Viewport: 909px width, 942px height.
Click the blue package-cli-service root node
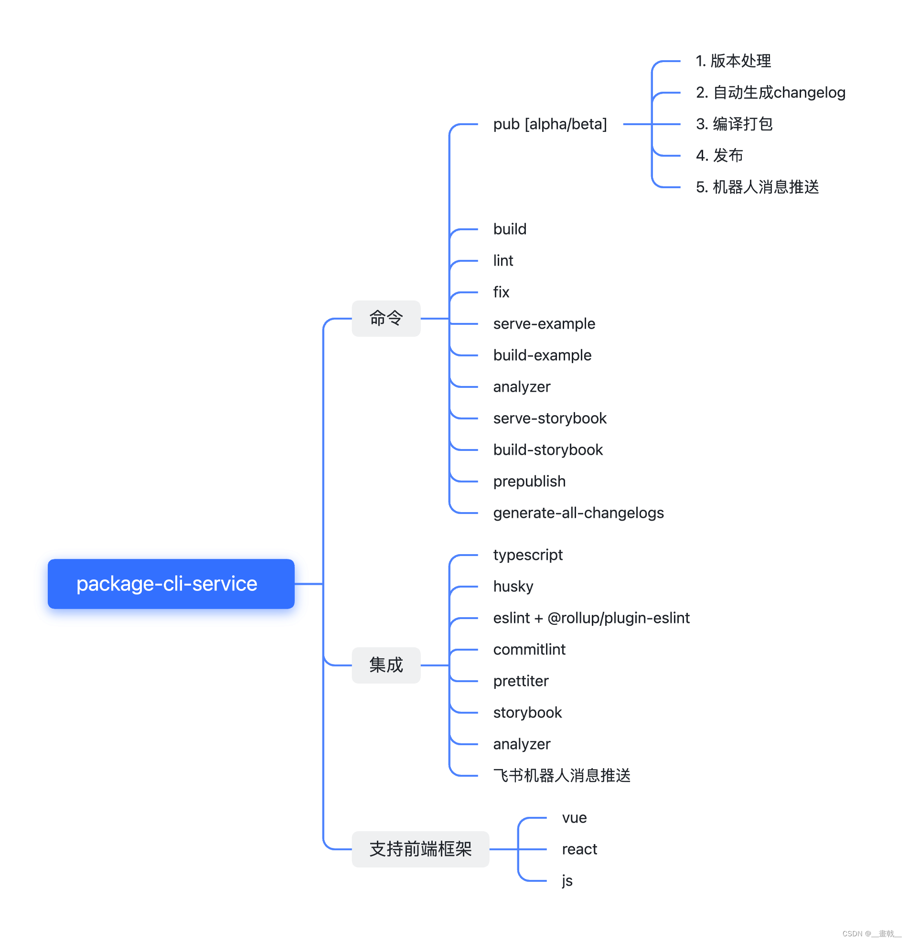pos(171,583)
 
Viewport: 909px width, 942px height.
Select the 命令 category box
pos(385,318)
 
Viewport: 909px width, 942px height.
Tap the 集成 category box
pos(385,664)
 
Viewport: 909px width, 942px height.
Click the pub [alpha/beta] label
pos(549,124)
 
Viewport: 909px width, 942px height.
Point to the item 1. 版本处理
pos(733,61)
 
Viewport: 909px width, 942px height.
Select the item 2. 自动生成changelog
pos(770,92)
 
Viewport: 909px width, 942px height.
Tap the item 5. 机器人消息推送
pos(757,187)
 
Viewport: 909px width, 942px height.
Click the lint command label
pos(503,260)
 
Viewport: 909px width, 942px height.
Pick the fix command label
pos(501,292)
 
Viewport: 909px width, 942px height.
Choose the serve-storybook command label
pos(549,418)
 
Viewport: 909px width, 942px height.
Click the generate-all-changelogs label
pos(578,513)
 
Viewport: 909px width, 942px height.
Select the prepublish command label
pos(529,481)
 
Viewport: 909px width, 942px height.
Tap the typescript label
pos(527,555)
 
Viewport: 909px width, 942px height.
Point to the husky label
pos(513,586)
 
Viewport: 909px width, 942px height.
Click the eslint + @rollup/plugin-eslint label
pos(591,618)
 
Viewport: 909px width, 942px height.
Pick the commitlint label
pos(529,649)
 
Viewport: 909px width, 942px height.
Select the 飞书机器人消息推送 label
pos(561,775)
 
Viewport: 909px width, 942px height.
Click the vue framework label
pos(574,817)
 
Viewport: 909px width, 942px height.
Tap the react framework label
pos(579,849)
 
